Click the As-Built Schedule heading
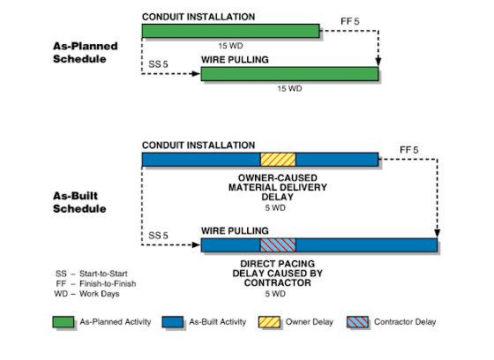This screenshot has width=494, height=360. pyautogui.click(x=80, y=202)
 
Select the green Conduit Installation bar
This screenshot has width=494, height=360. pyautogui.click(x=229, y=32)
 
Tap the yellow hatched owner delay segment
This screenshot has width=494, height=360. pyautogui.click(x=278, y=159)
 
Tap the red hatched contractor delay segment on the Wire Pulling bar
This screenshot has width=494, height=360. pyautogui.click(x=278, y=244)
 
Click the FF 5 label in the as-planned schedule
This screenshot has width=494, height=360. pyautogui.click(x=350, y=17)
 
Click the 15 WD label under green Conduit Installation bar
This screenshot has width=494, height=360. pyautogui.click(x=229, y=43)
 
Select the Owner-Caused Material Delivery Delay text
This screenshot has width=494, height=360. pyautogui.click(x=277, y=186)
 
